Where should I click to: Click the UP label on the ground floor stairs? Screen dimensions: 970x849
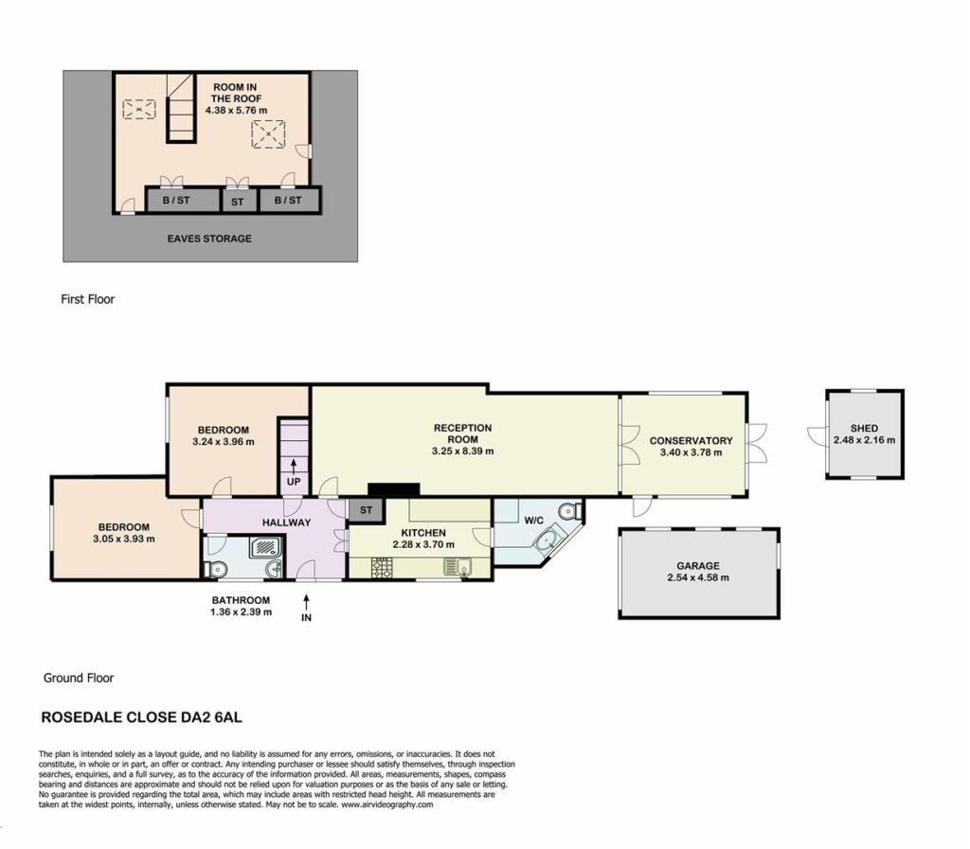click(x=294, y=482)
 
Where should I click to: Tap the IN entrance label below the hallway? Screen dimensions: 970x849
click(x=306, y=617)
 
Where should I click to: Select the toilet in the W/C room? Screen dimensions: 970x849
click(x=569, y=512)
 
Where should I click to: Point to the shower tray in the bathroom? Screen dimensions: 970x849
click(x=266, y=547)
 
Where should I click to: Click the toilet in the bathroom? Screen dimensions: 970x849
click(x=213, y=569)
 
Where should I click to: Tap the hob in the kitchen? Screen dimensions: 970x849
click(x=382, y=567)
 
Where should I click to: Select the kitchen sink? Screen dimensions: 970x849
click(x=458, y=566)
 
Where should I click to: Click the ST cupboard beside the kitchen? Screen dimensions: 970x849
click(x=367, y=510)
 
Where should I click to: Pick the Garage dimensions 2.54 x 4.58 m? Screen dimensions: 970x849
click(x=698, y=577)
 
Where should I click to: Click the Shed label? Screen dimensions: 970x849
click(x=864, y=428)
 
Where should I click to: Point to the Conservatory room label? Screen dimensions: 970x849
click(x=691, y=440)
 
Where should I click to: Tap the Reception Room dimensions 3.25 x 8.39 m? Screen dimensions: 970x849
click(x=462, y=451)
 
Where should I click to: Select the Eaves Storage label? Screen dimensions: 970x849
click(x=209, y=239)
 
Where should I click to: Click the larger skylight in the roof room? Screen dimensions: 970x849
click(x=268, y=134)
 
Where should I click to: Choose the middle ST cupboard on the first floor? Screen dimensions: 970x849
click(x=238, y=202)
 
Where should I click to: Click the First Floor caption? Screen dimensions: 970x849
click(x=88, y=299)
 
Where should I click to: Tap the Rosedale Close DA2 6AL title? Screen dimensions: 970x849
click(x=142, y=717)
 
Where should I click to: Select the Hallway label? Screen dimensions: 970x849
click(x=286, y=522)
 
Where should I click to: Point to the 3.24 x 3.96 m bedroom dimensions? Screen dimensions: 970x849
click(x=224, y=442)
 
